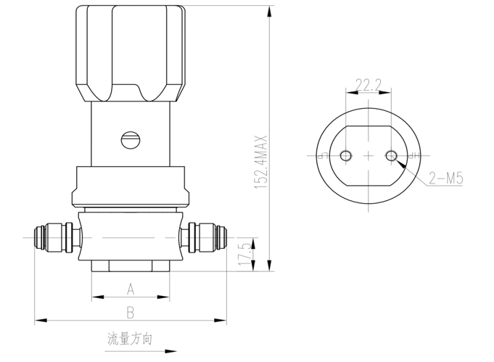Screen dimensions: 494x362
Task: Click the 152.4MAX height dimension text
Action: tap(261, 163)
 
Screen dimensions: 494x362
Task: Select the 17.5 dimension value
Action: tap(245, 253)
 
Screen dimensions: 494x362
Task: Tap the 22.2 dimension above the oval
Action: tap(369, 84)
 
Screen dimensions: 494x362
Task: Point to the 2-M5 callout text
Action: tap(446, 178)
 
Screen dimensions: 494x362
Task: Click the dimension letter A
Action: tap(131, 289)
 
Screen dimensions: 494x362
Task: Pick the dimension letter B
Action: tap(130, 313)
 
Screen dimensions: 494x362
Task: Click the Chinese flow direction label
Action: tap(130, 339)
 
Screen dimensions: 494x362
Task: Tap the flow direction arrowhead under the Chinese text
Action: tap(170, 351)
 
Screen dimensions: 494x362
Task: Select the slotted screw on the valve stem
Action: tap(131, 140)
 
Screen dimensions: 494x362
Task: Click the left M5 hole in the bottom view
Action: tap(345, 156)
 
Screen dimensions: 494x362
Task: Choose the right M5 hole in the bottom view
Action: tap(391, 156)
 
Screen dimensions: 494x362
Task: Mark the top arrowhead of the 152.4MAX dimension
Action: tap(269, 12)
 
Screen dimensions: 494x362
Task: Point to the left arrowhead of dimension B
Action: tap(41, 321)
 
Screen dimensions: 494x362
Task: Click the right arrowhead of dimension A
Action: tap(163, 297)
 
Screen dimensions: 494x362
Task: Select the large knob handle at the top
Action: tap(131, 53)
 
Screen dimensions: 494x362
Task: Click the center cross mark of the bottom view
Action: tap(369, 156)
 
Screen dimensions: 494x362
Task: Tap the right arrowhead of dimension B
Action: tap(221, 321)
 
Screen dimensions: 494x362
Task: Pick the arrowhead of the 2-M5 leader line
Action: tap(400, 163)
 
